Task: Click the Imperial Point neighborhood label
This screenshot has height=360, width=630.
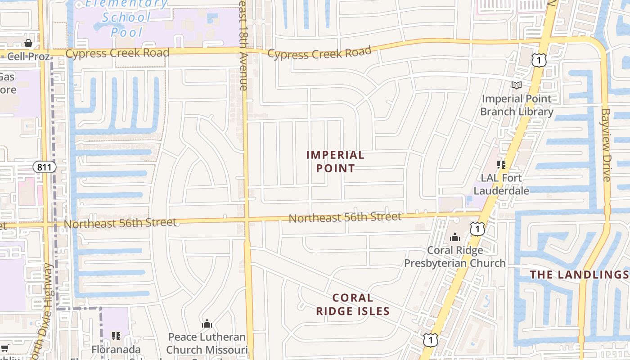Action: (x=335, y=162)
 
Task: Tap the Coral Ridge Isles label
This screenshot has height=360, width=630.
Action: (x=352, y=304)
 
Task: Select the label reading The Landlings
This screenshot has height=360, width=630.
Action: (x=579, y=274)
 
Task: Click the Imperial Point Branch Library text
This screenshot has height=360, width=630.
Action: (x=517, y=105)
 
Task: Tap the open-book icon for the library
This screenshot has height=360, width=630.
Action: (x=517, y=85)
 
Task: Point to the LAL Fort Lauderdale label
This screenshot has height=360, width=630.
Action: (x=501, y=184)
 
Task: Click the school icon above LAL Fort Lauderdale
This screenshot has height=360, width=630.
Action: (x=501, y=165)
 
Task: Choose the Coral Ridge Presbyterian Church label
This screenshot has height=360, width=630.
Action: (x=455, y=256)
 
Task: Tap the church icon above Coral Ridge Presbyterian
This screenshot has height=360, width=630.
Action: (x=455, y=237)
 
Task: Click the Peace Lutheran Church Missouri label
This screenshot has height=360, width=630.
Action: (x=207, y=343)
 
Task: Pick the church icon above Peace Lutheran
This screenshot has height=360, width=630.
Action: (x=207, y=324)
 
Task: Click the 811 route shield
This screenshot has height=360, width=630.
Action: (x=45, y=167)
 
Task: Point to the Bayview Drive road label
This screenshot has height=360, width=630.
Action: (x=606, y=145)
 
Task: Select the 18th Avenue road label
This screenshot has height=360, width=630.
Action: (x=243, y=45)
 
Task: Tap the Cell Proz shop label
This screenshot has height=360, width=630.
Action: (x=28, y=56)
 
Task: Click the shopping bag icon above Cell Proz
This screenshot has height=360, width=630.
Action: (x=28, y=43)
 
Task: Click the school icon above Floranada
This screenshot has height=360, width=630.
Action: (x=116, y=336)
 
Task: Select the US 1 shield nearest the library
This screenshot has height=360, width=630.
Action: (x=539, y=60)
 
